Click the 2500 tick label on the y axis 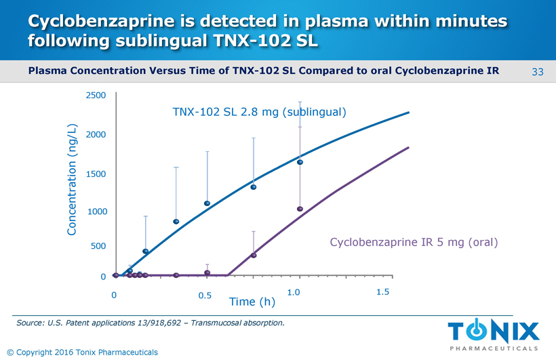tap(96, 96)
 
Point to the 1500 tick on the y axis tap(96, 174)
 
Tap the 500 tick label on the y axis tap(98, 246)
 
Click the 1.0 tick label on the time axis tap(294, 292)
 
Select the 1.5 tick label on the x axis tap(382, 292)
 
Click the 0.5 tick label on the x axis tap(205, 296)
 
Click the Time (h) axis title tap(252, 301)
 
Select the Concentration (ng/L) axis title tap(73, 180)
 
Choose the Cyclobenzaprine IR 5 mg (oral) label tap(414, 242)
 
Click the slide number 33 tap(538, 72)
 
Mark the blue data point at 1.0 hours tap(300, 162)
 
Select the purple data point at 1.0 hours tap(300, 209)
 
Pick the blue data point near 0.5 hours tap(207, 203)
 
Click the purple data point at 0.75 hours tap(254, 255)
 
